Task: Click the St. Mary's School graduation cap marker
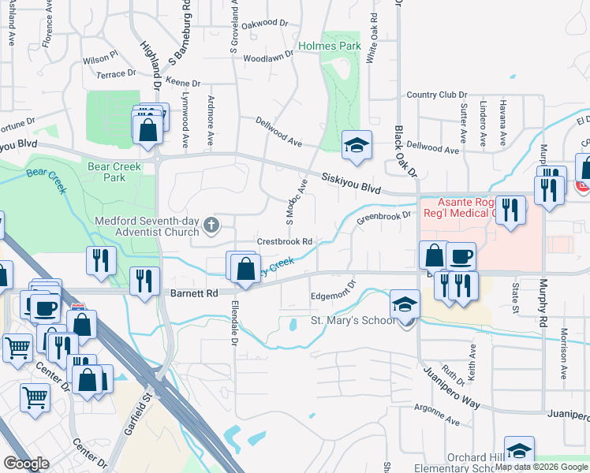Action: click(404, 304)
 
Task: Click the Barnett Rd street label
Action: click(194, 293)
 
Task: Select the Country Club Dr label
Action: click(432, 95)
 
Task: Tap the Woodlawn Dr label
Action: click(268, 58)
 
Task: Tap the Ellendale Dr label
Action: click(234, 325)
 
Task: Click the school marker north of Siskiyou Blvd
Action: click(357, 145)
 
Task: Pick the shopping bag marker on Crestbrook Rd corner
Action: click(245, 267)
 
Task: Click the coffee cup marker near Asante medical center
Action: click(461, 257)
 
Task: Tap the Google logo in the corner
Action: click(26, 464)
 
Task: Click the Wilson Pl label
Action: click(99, 58)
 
